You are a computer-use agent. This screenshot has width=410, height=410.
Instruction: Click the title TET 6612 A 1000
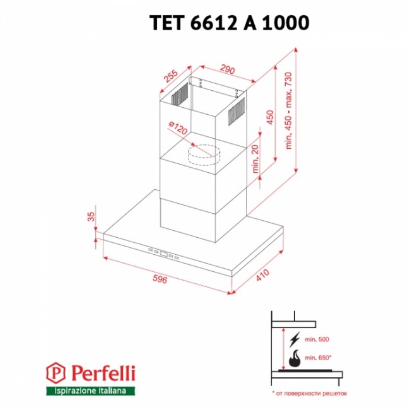(x=230, y=23)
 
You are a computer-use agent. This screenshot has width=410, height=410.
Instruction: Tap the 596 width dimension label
(x=160, y=279)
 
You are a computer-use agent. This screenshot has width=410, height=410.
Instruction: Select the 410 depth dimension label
(x=262, y=275)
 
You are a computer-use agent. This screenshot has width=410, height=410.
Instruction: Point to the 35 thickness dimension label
(x=91, y=216)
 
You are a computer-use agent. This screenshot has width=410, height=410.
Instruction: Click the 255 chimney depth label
(x=171, y=76)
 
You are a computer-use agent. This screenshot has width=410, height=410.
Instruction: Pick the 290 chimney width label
(x=228, y=69)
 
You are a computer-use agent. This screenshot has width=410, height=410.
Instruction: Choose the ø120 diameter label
(x=178, y=127)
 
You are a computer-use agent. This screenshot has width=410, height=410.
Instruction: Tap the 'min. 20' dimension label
(x=255, y=158)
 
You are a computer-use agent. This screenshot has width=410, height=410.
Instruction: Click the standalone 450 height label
(x=271, y=117)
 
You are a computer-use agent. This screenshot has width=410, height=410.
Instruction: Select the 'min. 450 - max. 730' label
(x=288, y=110)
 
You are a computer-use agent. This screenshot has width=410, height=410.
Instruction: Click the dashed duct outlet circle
(x=204, y=155)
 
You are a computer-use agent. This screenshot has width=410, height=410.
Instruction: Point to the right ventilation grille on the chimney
(x=237, y=112)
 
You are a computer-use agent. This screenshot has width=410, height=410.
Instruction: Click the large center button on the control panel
(x=164, y=254)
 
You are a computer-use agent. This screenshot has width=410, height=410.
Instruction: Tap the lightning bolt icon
(x=295, y=339)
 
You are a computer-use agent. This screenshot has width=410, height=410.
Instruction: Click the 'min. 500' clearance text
(x=317, y=339)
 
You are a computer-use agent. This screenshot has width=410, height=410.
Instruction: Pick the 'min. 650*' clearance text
(x=318, y=358)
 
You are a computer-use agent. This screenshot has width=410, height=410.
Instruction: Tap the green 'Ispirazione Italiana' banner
(x=90, y=391)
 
